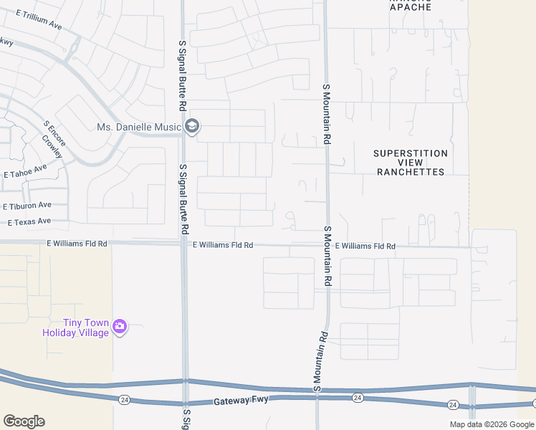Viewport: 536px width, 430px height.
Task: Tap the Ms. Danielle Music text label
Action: pos(139,128)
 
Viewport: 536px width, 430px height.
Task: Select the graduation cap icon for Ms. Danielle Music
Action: pos(192,128)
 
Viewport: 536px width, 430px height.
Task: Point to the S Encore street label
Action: pos(54,134)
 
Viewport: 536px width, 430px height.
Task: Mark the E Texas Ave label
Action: pos(29,222)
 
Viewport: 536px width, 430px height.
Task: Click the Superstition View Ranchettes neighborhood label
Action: pos(411,163)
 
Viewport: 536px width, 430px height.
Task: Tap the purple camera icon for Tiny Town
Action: pos(120,328)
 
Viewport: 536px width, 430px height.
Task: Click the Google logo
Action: pos(24,421)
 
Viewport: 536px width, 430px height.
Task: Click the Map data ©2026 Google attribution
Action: pos(492,424)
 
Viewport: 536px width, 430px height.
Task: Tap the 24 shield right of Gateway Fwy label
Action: pos(358,398)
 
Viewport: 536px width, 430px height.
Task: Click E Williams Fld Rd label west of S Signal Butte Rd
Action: pos(77,244)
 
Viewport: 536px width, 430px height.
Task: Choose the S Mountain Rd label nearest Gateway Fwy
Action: pos(320,362)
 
